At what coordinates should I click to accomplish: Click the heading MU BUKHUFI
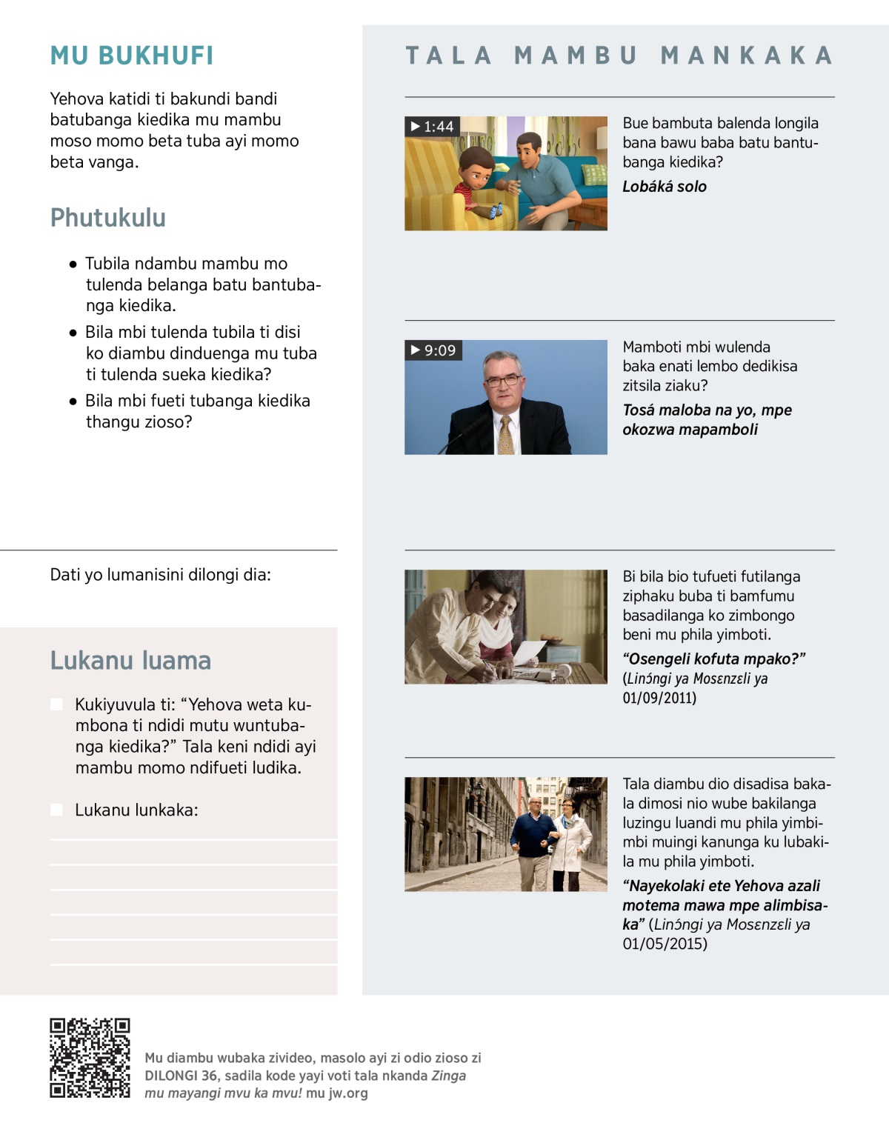click(132, 56)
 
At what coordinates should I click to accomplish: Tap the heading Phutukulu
click(108, 218)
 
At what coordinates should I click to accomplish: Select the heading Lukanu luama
click(130, 660)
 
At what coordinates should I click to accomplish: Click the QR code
click(90, 1058)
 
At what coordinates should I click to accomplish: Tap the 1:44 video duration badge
click(433, 127)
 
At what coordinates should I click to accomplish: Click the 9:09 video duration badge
click(433, 350)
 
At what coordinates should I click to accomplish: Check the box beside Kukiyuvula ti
click(57, 704)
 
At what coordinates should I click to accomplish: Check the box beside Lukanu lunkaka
click(57, 810)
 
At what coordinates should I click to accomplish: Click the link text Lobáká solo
click(665, 187)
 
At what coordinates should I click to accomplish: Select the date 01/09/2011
click(659, 698)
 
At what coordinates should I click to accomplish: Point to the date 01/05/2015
click(665, 944)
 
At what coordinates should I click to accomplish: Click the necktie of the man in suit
click(506, 434)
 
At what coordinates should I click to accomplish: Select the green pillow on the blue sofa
click(594, 175)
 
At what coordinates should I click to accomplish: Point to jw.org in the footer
click(347, 1093)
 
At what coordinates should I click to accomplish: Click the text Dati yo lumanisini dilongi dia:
click(160, 575)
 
